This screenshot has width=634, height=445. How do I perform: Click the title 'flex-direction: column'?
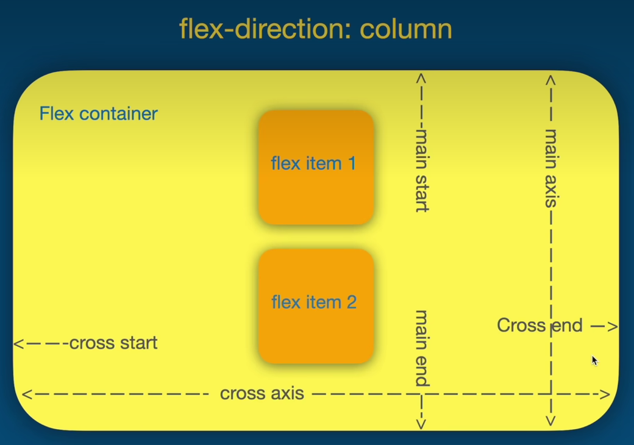tap(316, 29)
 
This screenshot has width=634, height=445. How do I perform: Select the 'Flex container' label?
tap(98, 113)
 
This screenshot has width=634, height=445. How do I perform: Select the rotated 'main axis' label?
tap(551, 168)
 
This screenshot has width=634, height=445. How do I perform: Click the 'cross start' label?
tap(113, 343)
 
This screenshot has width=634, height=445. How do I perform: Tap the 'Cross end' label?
tap(540, 326)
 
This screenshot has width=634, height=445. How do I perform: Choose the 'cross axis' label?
tap(262, 394)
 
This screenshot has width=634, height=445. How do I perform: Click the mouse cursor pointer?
tap(594, 360)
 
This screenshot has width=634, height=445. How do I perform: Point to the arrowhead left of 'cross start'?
tap(18, 344)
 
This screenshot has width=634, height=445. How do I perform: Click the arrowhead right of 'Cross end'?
tap(613, 327)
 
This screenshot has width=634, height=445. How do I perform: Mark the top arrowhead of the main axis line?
tap(550, 79)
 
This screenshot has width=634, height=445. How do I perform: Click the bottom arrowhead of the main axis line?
tap(551, 421)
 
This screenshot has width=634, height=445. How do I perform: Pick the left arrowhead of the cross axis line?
tap(26, 394)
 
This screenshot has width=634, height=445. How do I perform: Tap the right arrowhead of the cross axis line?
tap(605, 394)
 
